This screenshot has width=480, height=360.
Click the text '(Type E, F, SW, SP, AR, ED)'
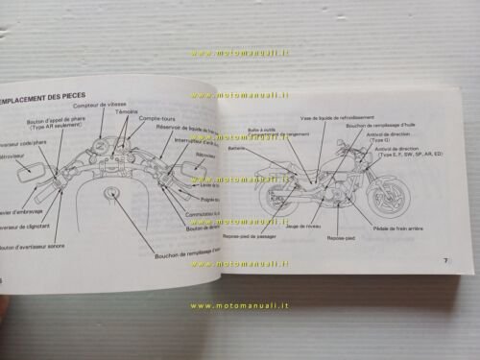tap(407, 154)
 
